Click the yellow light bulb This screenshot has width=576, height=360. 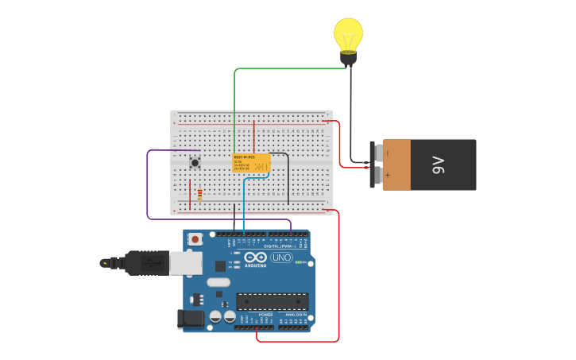[x=348, y=36]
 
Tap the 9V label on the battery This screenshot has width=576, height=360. [x=438, y=165]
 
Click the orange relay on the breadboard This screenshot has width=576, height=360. [x=251, y=163]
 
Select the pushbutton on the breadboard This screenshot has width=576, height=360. [x=195, y=163]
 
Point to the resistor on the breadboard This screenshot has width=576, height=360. [x=199, y=193]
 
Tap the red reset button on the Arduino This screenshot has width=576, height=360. [x=195, y=239]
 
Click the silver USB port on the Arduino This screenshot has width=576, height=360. [x=186, y=263]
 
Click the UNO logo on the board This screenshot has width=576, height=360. [x=281, y=257]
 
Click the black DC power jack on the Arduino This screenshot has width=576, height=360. [x=191, y=319]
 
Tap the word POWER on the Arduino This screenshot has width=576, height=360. [x=265, y=315]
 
